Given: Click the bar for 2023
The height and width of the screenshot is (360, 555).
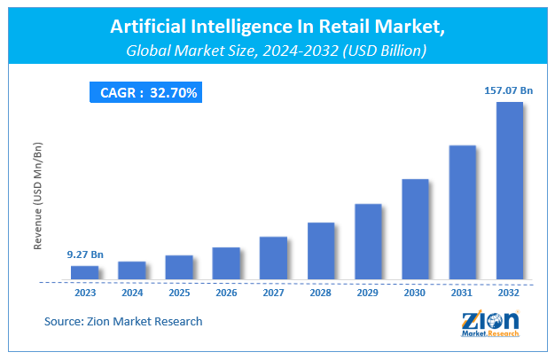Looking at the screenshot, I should (x=85, y=272).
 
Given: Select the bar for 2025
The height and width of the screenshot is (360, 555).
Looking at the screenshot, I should (x=179, y=267).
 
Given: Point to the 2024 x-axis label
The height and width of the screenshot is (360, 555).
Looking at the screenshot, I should (x=132, y=292).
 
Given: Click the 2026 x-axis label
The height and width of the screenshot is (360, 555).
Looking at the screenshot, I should (x=226, y=292).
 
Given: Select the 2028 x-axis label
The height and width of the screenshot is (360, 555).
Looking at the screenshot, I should (x=321, y=292).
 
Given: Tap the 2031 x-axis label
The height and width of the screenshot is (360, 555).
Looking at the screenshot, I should (x=462, y=292).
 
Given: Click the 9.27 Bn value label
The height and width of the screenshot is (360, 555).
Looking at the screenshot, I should (x=85, y=254).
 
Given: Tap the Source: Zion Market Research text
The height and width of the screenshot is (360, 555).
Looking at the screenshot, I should (x=123, y=321).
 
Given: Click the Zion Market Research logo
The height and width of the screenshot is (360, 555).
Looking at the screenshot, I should (x=489, y=325).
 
